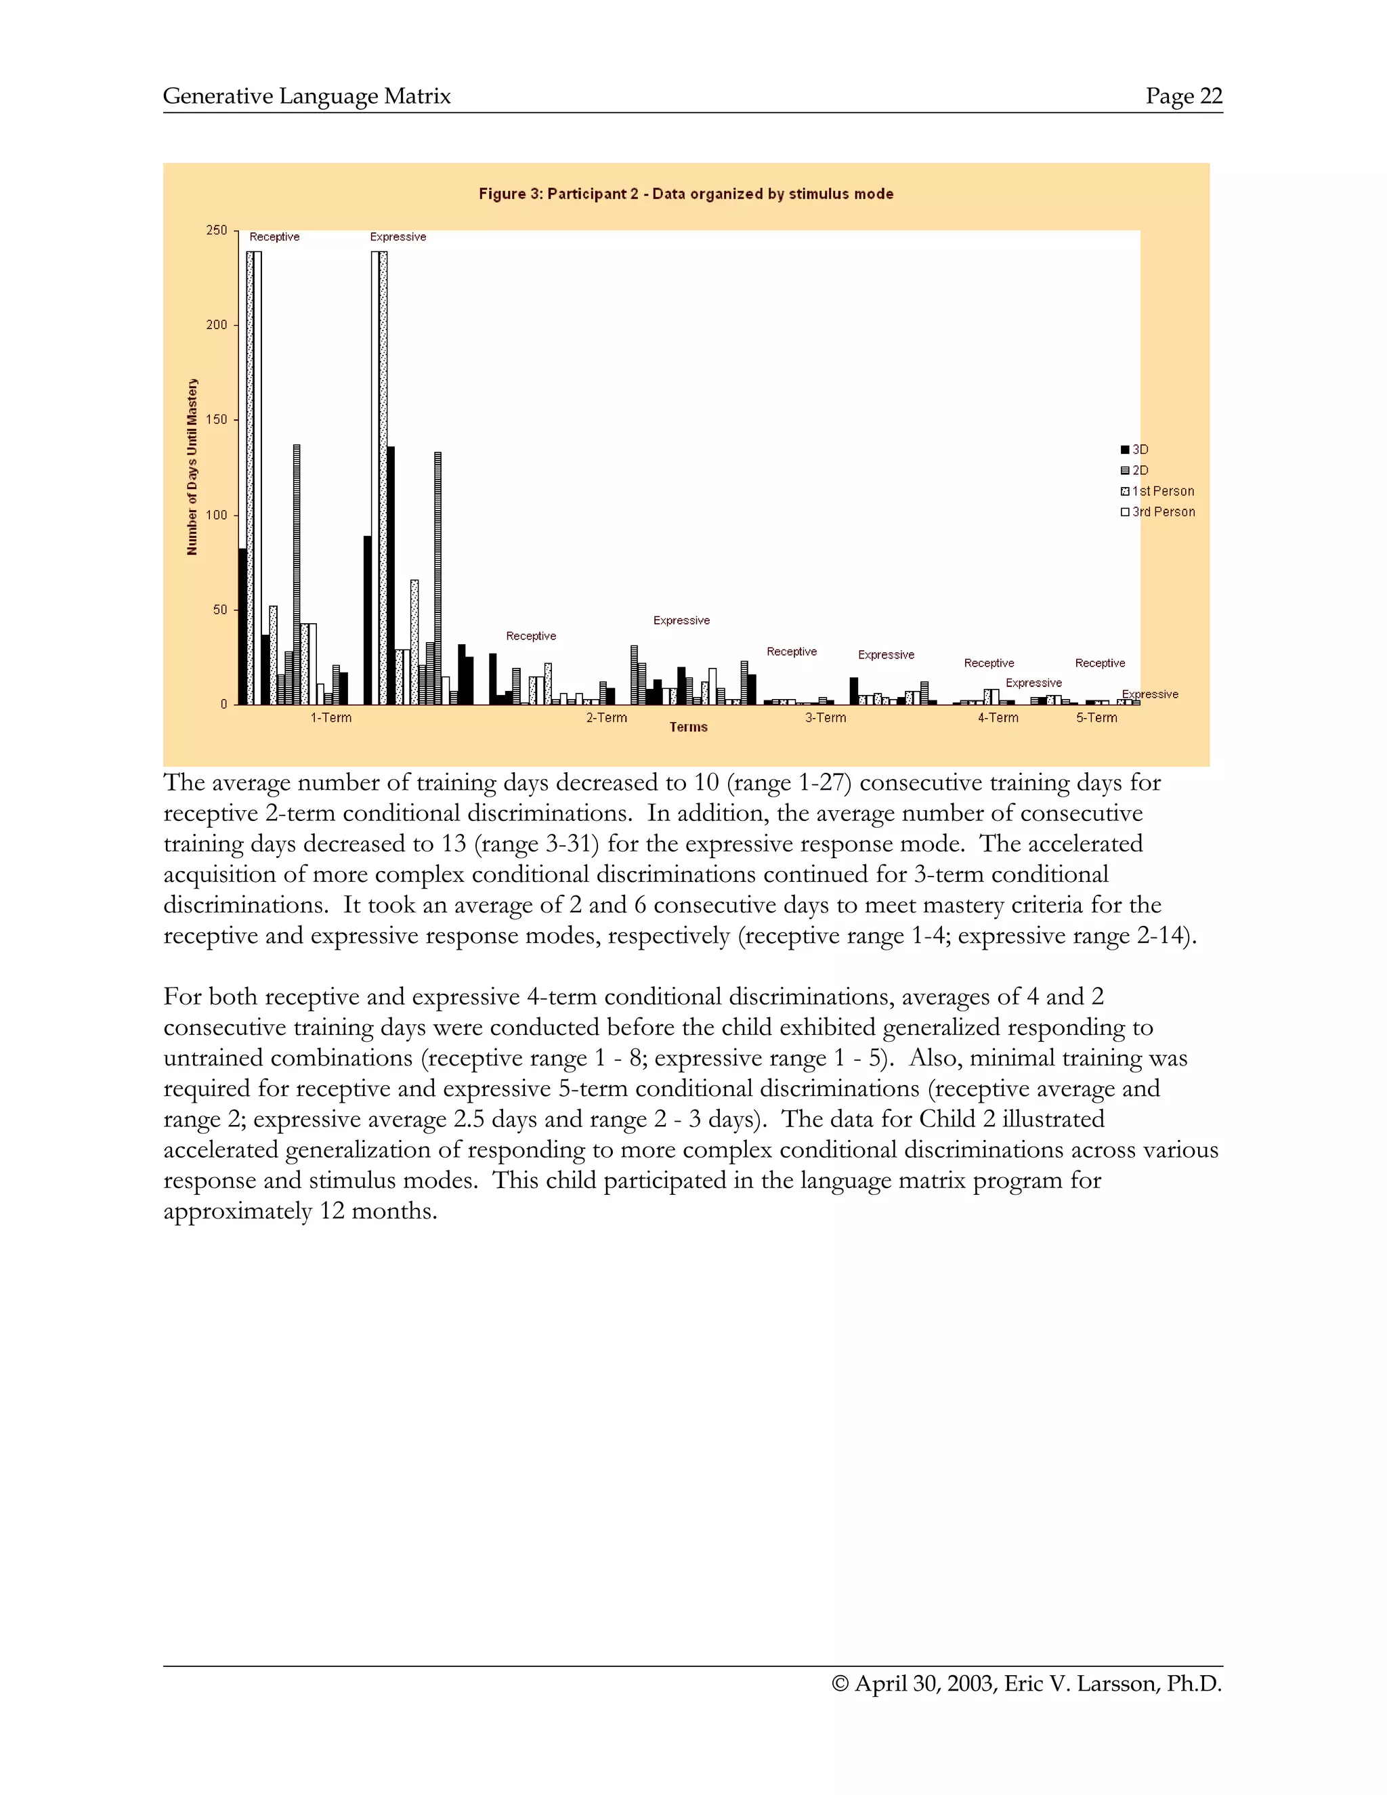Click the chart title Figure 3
(x=685, y=194)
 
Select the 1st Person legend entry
(x=1157, y=490)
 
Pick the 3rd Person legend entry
(x=1157, y=511)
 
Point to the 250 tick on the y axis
(x=217, y=230)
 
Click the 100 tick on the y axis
(x=217, y=515)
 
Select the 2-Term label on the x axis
(x=606, y=717)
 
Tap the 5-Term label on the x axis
(x=1096, y=717)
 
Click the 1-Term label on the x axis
(x=330, y=717)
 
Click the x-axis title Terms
(x=688, y=727)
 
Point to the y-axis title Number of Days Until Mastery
(x=192, y=467)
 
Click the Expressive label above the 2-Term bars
(x=681, y=620)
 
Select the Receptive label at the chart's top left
(x=274, y=236)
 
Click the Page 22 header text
(x=1183, y=96)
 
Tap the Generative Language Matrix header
(x=307, y=96)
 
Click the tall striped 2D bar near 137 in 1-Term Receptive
(x=297, y=575)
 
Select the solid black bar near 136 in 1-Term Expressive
(x=391, y=575)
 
